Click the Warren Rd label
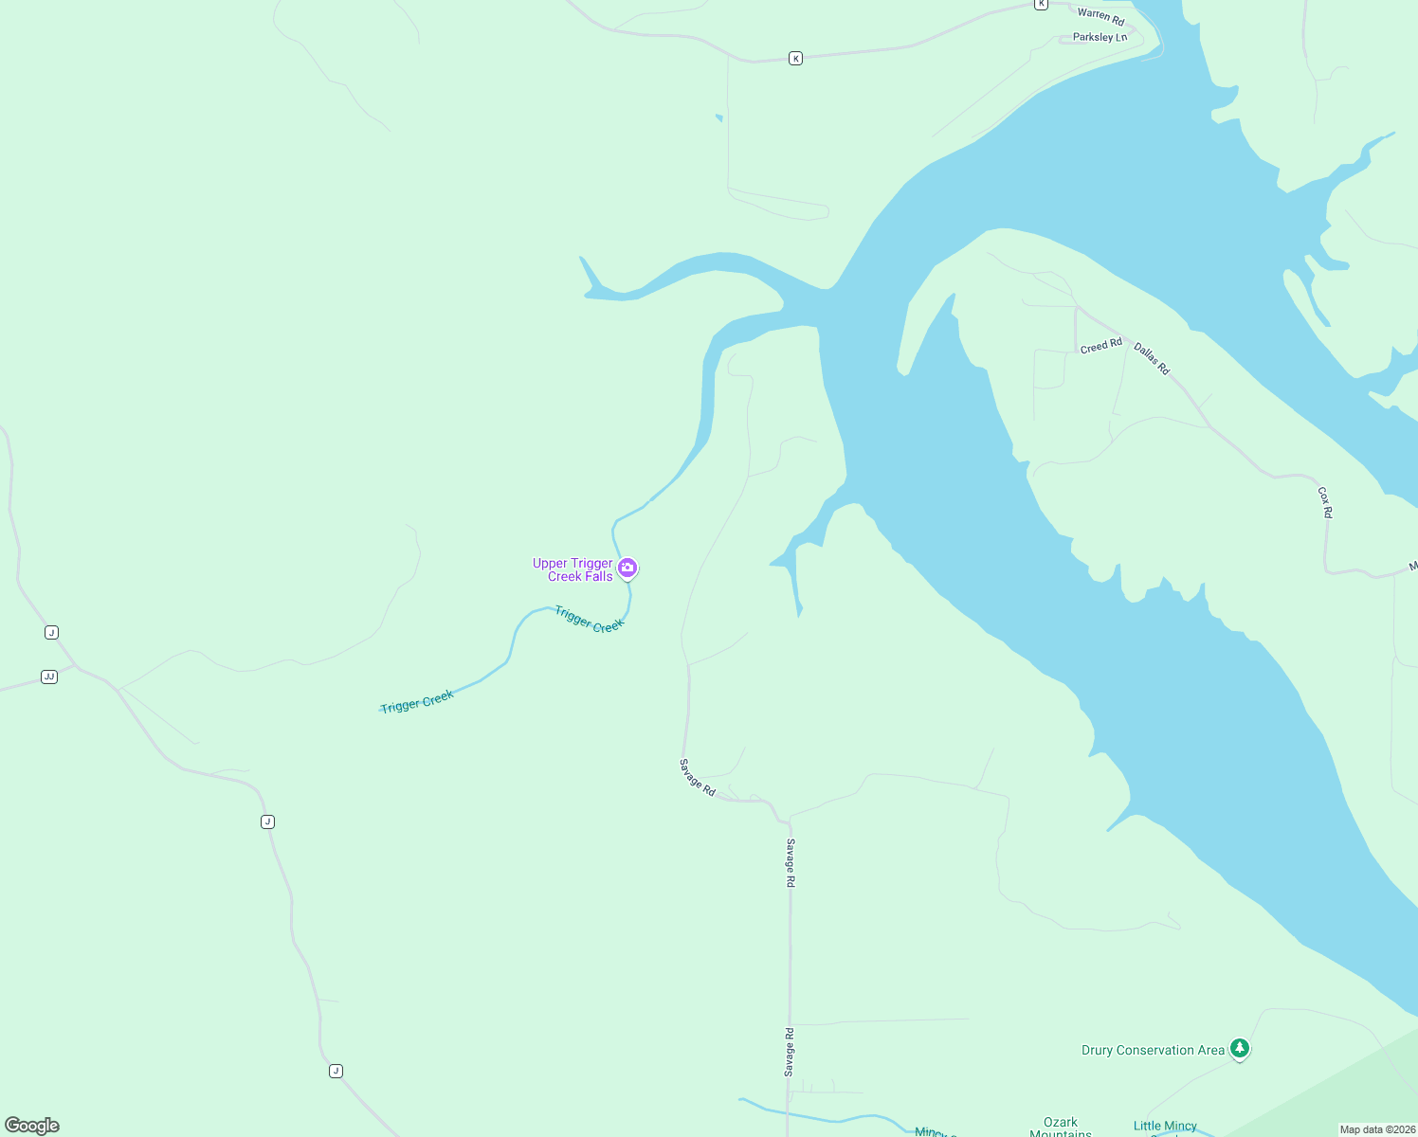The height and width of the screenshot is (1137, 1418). (x=1100, y=16)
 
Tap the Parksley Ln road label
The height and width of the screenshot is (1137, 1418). (x=1100, y=38)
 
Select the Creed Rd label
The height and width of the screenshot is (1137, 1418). (x=1100, y=346)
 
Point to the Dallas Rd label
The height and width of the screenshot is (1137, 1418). (x=1152, y=358)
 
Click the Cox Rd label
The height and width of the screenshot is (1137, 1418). (x=1325, y=502)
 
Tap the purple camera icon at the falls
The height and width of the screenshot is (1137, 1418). (x=627, y=568)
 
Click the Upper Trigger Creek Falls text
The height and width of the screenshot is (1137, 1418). (x=573, y=569)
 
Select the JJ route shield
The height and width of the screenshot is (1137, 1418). (x=49, y=677)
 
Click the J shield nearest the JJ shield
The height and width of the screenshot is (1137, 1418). (x=51, y=632)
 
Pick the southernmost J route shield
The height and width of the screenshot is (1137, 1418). (x=336, y=1071)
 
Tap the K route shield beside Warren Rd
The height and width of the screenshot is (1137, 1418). (x=1041, y=4)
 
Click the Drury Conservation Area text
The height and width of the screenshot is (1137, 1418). (x=1153, y=1050)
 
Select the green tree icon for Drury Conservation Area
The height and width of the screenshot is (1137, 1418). (x=1240, y=1048)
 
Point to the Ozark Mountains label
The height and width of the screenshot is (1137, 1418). (x=1061, y=1127)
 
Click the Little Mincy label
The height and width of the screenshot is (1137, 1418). (x=1165, y=1126)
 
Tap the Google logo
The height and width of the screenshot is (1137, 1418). (x=32, y=1126)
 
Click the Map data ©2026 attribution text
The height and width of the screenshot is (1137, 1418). (x=1377, y=1129)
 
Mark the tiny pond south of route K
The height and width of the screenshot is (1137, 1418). (x=718, y=118)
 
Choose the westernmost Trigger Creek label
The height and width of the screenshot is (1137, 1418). (x=417, y=701)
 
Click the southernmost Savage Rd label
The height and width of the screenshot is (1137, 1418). (x=789, y=1052)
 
